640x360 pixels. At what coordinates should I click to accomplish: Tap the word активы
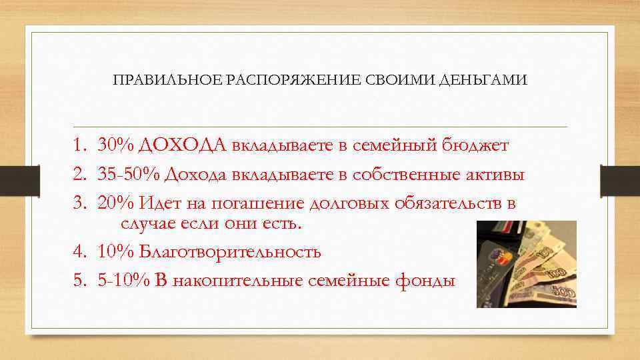[x=493, y=175]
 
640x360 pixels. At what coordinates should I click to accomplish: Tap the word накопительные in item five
[x=237, y=281]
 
